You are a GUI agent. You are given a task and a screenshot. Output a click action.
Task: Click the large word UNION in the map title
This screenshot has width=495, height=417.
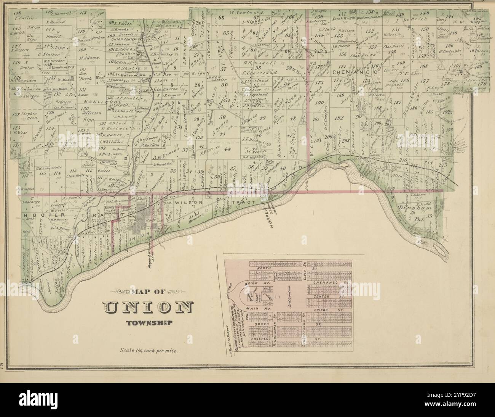pyautogui.click(x=148, y=308)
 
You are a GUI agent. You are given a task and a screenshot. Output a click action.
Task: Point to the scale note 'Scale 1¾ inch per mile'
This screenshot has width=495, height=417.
pyautogui.click(x=147, y=349)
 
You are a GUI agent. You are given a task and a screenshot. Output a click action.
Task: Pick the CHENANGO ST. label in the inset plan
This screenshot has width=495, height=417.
pyautogui.click(x=331, y=283)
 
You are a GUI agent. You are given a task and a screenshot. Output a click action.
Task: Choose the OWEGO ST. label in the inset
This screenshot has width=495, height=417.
pyautogui.click(x=331, y=311)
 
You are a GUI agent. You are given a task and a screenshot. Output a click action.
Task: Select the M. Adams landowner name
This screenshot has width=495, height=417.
pyautogui.click(x=89, y=58)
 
